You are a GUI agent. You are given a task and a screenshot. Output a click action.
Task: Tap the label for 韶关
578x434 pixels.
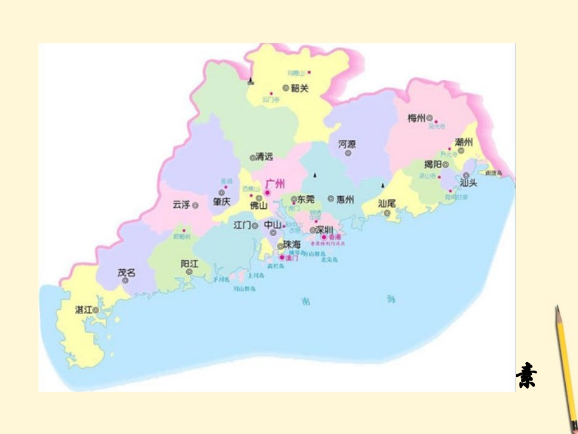pyautogui.click(x=300, y=88)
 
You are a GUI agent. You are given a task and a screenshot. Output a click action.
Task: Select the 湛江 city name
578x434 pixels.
pyautogui.click(x=83, y=310)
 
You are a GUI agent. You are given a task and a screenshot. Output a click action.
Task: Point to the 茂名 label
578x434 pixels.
pyautogui.click(x=126, y=273)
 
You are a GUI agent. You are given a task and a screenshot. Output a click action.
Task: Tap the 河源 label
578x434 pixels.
pyautogui.click(x=347, y=144)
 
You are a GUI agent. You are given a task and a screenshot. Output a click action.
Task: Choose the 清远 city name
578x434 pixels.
pyautogui.click(x=265, y=157)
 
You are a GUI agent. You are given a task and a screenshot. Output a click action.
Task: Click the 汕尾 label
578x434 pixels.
pyautogui.click(x=387, y=203)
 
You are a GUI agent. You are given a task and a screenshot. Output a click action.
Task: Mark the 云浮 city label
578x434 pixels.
pyautogui.click(x=181, y=205)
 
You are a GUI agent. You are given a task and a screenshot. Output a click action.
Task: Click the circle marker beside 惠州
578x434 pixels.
pyautogui.click(x=331, y=198)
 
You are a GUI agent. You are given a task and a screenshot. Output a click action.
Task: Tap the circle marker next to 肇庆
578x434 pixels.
pyautogui.click(x=222, y=192)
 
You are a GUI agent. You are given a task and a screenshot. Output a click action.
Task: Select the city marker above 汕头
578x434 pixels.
pyautogui.click(x=466, y=175)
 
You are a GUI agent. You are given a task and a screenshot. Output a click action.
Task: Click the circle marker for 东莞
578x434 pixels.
pyautogui.click(x=294, y=199)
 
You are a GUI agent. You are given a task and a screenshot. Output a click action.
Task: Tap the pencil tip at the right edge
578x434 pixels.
pyautogui.click(x=556, y=309)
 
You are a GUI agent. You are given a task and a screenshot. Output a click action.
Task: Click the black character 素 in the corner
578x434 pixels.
pyautogui.click(x=526, y=375)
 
